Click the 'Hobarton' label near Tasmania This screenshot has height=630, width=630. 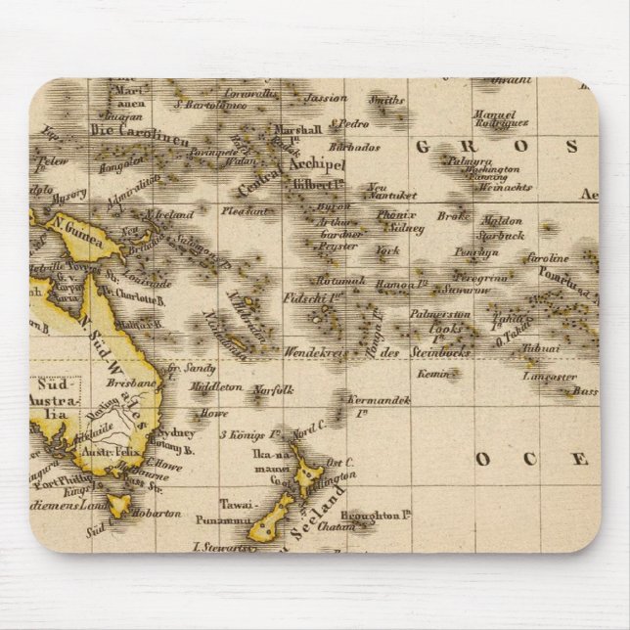(x=159, y=512)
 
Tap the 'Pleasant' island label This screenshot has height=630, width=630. (x=245, y=209)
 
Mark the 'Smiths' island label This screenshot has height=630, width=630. (x=387, y=100)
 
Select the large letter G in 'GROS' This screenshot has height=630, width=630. (x=423, y=147)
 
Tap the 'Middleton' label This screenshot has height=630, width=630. (x=216, y=387)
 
